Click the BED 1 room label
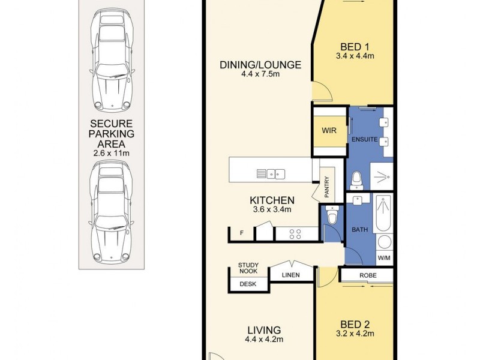point(355,47)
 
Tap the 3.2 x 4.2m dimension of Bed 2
point(355,334)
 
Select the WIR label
point(329,130)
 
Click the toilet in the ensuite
point(356,181)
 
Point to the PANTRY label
point(326,187)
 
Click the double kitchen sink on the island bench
point(271,174)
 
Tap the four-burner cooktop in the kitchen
point(295,234)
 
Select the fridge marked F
point(242,233)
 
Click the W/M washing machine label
point(384,258)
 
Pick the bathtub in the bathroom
point(383,213)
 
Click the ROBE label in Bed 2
point(368,275)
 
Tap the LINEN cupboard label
point(291,275)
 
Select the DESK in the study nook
point(248,284)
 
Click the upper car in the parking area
point(112,59)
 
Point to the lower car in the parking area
point(112,212)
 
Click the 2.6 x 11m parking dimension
point(112,153)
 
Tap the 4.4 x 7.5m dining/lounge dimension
point(260,74)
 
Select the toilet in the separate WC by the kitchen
point(332,214)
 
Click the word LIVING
point(264,330)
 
